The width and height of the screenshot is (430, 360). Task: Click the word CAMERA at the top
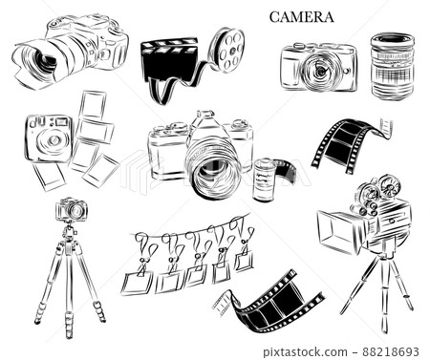[301, 17]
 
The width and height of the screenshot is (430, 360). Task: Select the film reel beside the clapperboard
[227, 49]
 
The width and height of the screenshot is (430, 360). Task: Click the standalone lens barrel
[393, 67]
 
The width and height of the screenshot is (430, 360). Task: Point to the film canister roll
[264, 180]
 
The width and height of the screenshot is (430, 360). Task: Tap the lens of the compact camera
[319, 71]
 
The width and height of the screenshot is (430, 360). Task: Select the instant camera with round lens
[49, 138]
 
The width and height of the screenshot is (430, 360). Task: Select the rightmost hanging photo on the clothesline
[245, 261]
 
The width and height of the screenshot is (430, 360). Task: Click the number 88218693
[391, 352]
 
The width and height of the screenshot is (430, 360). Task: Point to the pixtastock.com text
[305, 352]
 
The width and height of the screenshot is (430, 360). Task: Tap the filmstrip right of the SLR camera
[352, 145]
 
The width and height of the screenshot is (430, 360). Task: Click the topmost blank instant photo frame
[93, 105]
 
